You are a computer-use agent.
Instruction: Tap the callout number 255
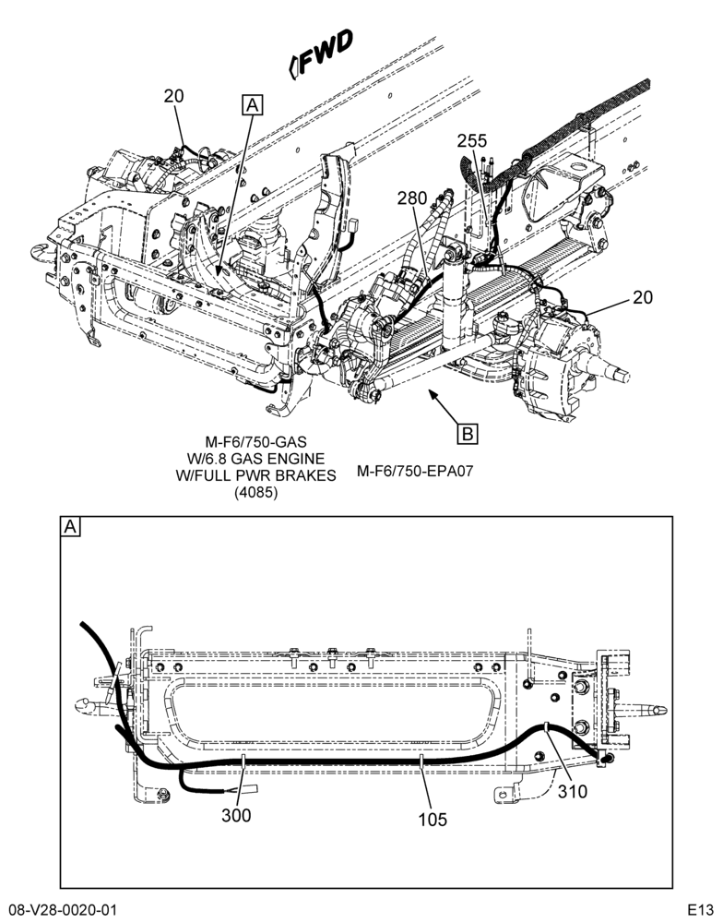pyautogui.click(x=472, y=140)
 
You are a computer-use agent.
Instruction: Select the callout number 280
pyautogui.click(x=412, y=198)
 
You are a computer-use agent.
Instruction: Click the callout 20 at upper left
pyautogui.click(x=173, y=96)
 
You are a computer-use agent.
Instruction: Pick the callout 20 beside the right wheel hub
pyautogui.click(x=643, y=297)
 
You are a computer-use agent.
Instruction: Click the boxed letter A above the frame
pyautogui.click(x=253, y=105)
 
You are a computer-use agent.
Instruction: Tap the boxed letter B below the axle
pyautogui.click(x=468, y=434)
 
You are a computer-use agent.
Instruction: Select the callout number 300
pyautogui.click(x=236, y=815)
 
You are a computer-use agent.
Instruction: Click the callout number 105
pyautogui.click(x=433, y=820)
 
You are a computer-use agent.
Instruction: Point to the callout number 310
pyautogui.click(x=572, y=792)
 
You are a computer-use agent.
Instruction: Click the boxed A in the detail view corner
pyautogui.click(x=70, y=527)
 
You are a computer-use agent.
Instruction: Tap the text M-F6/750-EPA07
pyautogui.click(x=415, y=471)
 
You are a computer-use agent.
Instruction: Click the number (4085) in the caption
pyautogui.click(x=255, y=493)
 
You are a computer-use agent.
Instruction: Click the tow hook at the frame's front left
pyautogui.click(x=42, y=250)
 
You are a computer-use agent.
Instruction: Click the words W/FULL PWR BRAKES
pyautogui.click(x=255, y=475)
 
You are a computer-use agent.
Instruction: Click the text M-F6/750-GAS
pyautogui.click(x=255, y=441)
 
